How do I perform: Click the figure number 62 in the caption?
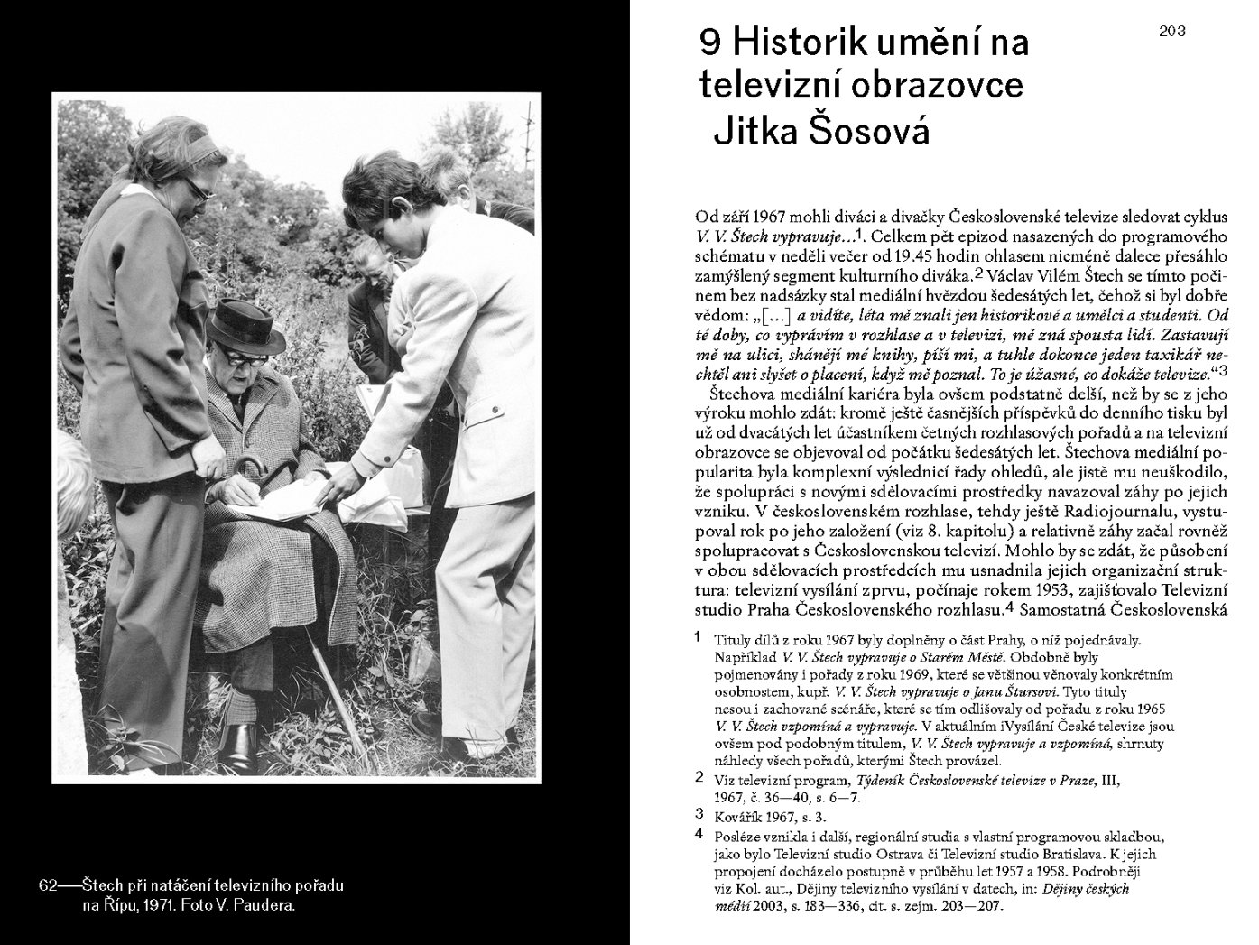coord(49,885)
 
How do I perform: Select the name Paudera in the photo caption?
coord(264,906)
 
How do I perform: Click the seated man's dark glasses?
coord(242,353)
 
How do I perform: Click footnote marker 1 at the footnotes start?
coord(698,637)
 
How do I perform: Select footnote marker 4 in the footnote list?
coord(698,835)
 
